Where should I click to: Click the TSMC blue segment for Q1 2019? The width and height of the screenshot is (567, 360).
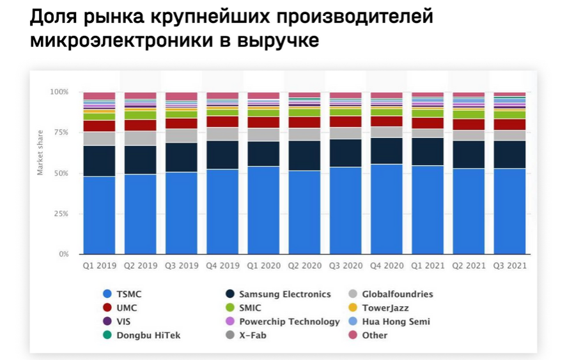coord(99,215)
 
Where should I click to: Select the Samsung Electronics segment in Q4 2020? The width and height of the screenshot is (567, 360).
coord(387,151)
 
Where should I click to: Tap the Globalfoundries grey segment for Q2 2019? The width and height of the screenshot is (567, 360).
coord(140,138)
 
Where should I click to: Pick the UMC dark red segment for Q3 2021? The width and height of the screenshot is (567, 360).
coord(509,125)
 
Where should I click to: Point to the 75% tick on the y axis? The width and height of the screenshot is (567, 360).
coord(59,132)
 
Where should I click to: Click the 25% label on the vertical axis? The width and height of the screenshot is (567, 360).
coord(59,214)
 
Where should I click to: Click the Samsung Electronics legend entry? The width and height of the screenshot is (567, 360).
coord(284,294)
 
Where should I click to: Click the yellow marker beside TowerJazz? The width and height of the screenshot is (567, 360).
coord(353,308)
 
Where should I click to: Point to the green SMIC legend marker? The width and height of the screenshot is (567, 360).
coord(230,308)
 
